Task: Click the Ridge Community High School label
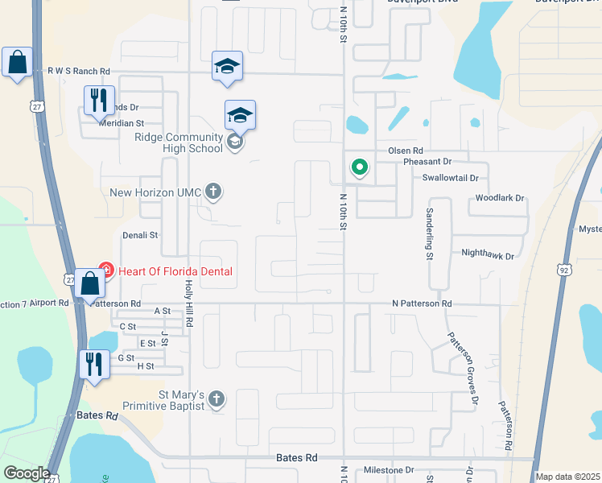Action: (x=178, y=142)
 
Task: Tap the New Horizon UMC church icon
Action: (x=212, y=192)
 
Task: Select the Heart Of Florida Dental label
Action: (x=175, y=271)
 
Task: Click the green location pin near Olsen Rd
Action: (x=359, y=167)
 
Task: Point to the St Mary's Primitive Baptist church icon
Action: (x=216, y=398)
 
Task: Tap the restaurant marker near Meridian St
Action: (x=99, y=101)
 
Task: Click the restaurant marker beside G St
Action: (x=94, y=365)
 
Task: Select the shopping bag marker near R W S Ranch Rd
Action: (x=17, y=63)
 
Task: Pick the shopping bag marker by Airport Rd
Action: (x=91, y=284)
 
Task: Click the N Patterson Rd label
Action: (x=422, y=303)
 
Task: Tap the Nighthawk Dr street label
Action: (x=487, y=254)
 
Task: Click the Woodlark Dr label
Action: (x=500, y=197)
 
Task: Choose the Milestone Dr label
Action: (x=388, y=470)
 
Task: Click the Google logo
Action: (x=27, y=473)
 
